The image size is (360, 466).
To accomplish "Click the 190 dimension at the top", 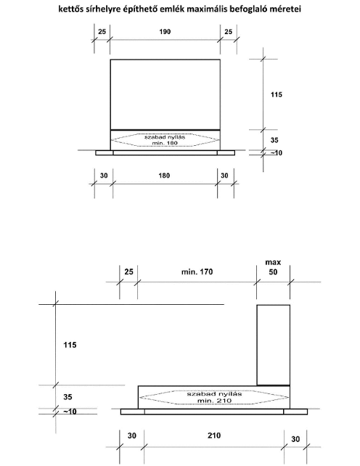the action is tap(165, 31).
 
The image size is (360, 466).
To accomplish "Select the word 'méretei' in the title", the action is tap(287, 9).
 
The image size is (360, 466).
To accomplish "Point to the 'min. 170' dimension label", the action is tap(197, 271).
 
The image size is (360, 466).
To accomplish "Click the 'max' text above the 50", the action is tap(273, 262).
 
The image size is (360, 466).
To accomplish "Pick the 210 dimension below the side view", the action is tap(214, 436).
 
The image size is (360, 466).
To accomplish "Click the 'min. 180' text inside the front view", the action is tap(165, 143).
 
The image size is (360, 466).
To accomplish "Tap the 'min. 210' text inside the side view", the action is tap(214, 401).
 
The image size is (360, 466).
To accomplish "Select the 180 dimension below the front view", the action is tap(164, 176).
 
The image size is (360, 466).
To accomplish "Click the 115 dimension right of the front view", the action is tap(276, 94).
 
